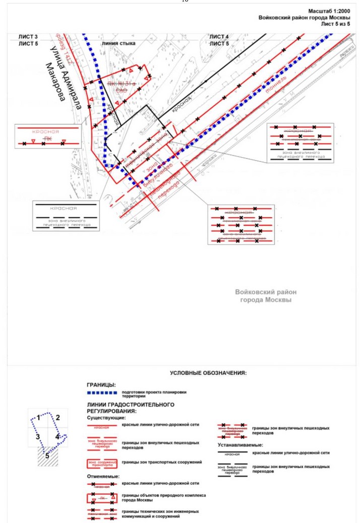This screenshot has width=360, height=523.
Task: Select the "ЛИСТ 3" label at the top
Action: pos(29,37)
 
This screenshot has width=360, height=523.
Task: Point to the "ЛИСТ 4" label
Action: pos(219,37)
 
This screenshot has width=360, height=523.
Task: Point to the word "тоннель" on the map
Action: pos(277,83)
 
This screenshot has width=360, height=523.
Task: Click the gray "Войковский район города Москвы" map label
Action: pos(266,296)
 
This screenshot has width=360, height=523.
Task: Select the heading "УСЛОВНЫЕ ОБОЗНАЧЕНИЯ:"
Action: pos(208,373)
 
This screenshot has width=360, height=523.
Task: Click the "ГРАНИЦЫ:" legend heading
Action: pos(101,385)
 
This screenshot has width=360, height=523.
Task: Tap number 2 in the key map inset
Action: pos(57,417)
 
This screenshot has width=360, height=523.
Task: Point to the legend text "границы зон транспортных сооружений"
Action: pos(161,462)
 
